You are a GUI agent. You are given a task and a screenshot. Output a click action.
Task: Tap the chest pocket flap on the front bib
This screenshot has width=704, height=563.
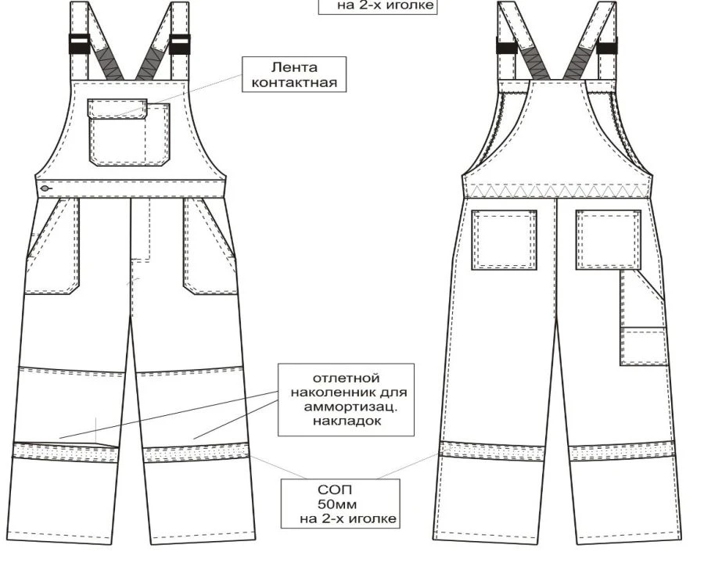[117, 108]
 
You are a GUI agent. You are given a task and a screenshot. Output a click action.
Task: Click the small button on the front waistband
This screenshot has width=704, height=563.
[46, 188]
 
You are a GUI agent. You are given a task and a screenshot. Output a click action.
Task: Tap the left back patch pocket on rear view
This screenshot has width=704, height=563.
[504, 239]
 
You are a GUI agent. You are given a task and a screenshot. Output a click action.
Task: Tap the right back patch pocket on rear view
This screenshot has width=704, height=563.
[608, 239]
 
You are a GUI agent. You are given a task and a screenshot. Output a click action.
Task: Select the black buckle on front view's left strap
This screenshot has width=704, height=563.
[79, 44]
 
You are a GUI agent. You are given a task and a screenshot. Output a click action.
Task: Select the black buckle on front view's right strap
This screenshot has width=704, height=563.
[180, 44]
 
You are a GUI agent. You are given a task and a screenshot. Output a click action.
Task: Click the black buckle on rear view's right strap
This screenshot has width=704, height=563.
[607, 45]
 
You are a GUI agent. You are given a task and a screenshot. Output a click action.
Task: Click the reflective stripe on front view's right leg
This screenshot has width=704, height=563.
[197, 454]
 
